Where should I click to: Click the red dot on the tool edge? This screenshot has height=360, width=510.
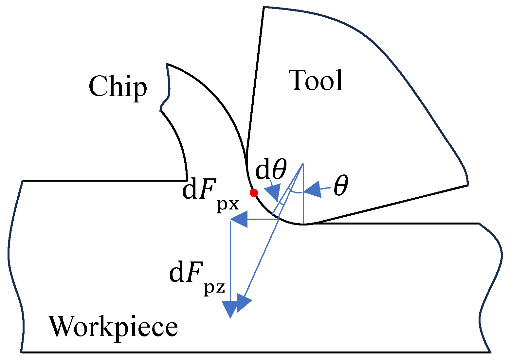pos(254,193)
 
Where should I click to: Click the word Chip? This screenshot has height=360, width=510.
pos(118,88)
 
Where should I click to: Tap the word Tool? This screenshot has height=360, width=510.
pos(316,80)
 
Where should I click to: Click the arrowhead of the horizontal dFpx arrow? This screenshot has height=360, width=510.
pos(239,219)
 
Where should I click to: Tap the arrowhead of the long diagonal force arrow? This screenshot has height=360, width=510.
pos(244,303)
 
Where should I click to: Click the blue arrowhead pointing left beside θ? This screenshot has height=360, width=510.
pos(312,189)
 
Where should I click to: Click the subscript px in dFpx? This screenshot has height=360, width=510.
pos(228,205)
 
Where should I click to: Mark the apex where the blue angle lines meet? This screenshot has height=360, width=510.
pos(303,163)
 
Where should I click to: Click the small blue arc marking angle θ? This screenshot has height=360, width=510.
pos(296,191)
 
